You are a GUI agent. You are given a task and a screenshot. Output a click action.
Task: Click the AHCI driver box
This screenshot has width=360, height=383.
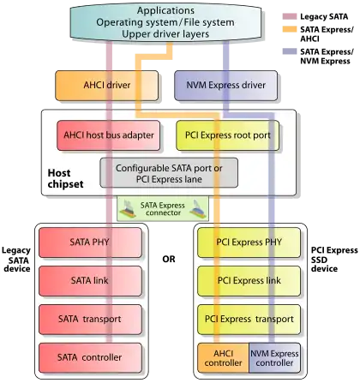pyautogui.click(x=106, y=86)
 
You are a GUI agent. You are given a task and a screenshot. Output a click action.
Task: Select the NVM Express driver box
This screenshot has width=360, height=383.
pyautogui.click(x=225, y=86)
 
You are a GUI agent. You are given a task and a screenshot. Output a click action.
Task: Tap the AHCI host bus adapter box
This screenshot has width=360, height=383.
pyautogui.click(x=109, y=135)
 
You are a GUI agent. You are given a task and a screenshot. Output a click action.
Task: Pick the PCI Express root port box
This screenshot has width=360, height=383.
pyautogui.click(x=228, y=135)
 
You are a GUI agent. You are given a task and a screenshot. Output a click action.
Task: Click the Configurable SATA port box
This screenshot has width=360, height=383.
pyautogui.click(x=169, y=173)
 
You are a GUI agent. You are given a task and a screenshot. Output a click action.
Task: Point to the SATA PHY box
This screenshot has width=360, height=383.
pyautogui.click(x=90, y=242)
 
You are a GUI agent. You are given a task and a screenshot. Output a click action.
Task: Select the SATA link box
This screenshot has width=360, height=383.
pyautogui.click(x=90, y=281)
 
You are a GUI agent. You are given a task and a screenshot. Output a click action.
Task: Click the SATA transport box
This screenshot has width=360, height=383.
pyautogui.click(x=90, y=320)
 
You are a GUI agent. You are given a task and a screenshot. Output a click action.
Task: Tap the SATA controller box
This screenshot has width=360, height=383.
pyautogui.click(x=90, y=358)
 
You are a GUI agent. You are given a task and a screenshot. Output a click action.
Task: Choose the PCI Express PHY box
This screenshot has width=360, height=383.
pyautogui.click(x=249, y=242)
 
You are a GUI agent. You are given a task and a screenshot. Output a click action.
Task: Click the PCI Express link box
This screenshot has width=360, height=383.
pyautogui.click(x=249, y=281)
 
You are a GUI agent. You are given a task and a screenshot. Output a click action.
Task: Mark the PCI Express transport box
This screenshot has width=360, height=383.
pyautogui.click(x=249, y=320)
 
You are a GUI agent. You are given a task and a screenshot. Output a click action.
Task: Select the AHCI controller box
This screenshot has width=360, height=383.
pyautogui.click(x=223, y=358)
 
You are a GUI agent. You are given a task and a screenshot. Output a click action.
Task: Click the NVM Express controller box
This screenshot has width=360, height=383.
pyautogui.click(x=275, y=358)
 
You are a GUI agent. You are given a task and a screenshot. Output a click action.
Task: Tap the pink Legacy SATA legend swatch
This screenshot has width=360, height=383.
pyautogui.click(x=290, y=16)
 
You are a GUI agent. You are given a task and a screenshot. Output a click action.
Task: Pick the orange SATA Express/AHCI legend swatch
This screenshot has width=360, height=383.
pyautogui.click(x=290, y=29)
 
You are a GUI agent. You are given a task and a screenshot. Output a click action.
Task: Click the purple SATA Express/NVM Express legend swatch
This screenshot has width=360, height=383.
pyautogui.click(x=290, y=51)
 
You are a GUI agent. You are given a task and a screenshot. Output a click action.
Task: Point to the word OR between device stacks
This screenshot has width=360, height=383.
pyautogui.click(x=169, y=260)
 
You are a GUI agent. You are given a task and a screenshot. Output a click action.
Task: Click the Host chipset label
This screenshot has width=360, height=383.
pyautogui.click(x=65, y=178)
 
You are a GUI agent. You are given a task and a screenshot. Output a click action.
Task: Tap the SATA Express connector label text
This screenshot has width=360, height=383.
pyautogui.click(x=163, y=209)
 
